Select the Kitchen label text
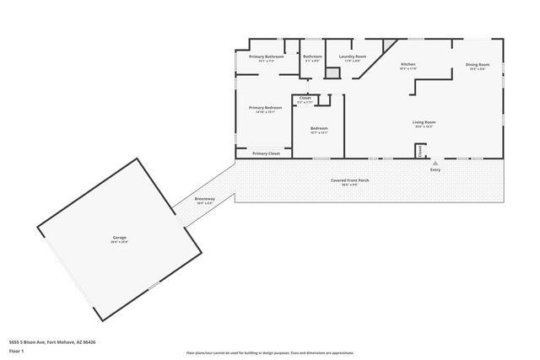click(408, 64)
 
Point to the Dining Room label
click(477, 65)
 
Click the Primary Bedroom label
click(265, 107)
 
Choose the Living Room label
click(424, 122)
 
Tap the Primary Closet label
click(265, 153)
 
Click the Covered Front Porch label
click(349, 180)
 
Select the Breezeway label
click(205, 199)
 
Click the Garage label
click(120, 238)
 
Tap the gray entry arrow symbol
click(435, 163)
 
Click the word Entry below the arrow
click(435, 170)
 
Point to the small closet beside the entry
click(418, 151)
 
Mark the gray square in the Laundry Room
click(333, 73)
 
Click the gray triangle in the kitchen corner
click(390, 46)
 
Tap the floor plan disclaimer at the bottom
click(270, 352)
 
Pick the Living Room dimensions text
click(424, 127)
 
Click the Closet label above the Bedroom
click(305, 98)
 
